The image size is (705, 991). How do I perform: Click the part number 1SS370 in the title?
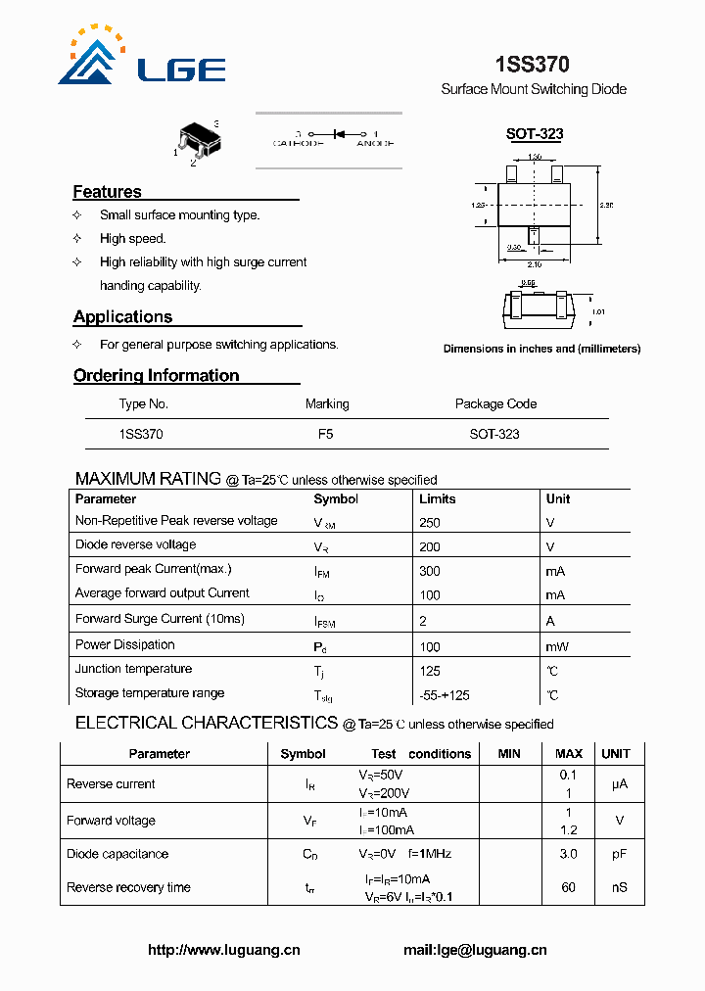(532, 65)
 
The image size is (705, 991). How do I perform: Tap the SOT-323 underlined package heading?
(534, 134)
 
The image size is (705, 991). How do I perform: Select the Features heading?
(108, 192)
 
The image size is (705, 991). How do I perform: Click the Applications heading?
(122, 316)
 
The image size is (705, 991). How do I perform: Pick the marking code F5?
(326, 434)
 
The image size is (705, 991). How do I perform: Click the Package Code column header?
(495, 403)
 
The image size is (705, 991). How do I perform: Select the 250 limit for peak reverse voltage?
(429, 523)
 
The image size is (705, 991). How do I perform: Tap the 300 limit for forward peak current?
(429, 571)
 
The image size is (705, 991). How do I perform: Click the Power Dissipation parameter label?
(125, 644)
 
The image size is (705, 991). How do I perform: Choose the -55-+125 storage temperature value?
(444, 695)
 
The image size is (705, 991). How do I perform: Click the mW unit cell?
(557, 646)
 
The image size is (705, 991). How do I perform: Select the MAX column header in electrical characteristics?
(569, 754)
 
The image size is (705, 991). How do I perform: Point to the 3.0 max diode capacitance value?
(568, 854)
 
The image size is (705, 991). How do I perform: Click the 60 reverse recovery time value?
(568, 887)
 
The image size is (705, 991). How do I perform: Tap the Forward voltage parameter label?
(111, 821)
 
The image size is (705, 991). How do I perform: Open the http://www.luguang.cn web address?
(224, 949)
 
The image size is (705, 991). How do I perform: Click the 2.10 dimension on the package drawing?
(534, 264)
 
